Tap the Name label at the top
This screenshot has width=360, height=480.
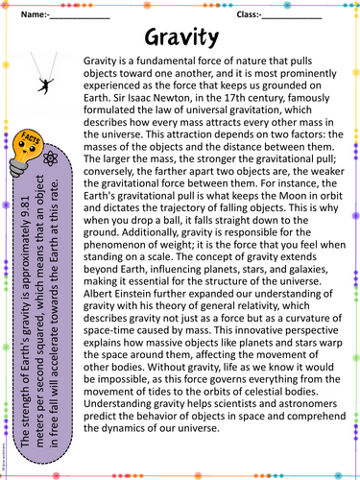(x=32, y=15)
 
